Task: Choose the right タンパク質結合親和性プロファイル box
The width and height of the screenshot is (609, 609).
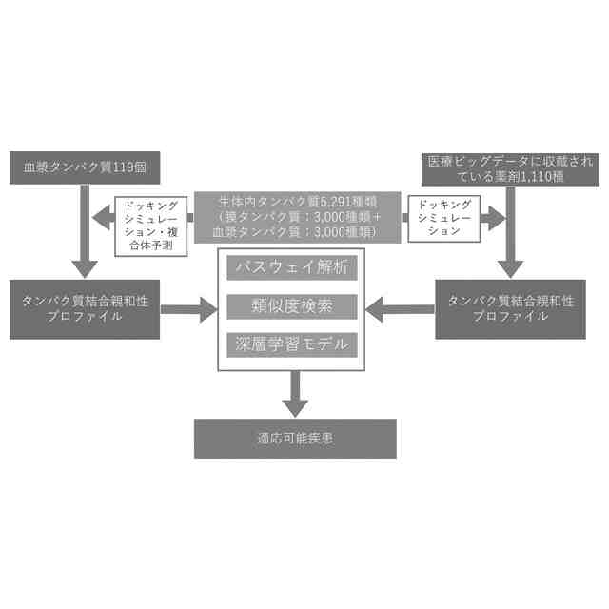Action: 510,308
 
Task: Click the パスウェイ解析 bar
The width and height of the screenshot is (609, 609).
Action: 292,268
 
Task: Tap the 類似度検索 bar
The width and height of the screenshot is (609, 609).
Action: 292,306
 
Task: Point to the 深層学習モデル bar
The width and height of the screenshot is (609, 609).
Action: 292,344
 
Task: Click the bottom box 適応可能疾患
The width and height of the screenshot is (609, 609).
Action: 295,439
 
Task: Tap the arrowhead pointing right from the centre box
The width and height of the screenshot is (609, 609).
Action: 496,218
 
